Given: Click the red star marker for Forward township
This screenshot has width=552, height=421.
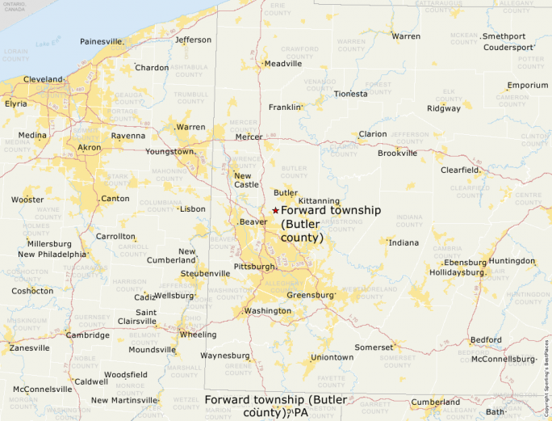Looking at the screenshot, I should (x=275, y=210).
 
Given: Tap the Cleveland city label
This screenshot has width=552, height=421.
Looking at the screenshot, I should (x=43, y=80).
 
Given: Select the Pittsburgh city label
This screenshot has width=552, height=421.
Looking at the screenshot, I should (x=253, y=266).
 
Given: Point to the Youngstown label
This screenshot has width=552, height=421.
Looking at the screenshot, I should (x=169, y=152).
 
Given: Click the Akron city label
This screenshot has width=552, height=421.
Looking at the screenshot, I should (x=89, y=148).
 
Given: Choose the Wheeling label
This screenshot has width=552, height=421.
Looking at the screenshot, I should (x=198, y=335).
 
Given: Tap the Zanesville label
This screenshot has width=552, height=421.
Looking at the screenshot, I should (x=29, y=348).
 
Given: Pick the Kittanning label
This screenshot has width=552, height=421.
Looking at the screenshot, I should (x=319, y=200).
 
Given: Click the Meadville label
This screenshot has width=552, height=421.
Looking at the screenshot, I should (x=283, y=64).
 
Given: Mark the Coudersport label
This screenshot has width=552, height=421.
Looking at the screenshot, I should (x=508, y=48).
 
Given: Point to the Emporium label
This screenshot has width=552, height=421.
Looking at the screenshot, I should (x=527, y=86).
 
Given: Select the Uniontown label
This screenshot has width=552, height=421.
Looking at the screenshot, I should (x=332, y=357).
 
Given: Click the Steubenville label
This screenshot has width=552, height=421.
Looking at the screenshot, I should (x=205, y=274).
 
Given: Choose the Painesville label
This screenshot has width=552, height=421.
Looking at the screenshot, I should (x=101, y=41).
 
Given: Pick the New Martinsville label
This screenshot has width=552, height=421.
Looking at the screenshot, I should (x=123, y=401).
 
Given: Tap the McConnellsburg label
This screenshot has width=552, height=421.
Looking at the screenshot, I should (x=503, y=359).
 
